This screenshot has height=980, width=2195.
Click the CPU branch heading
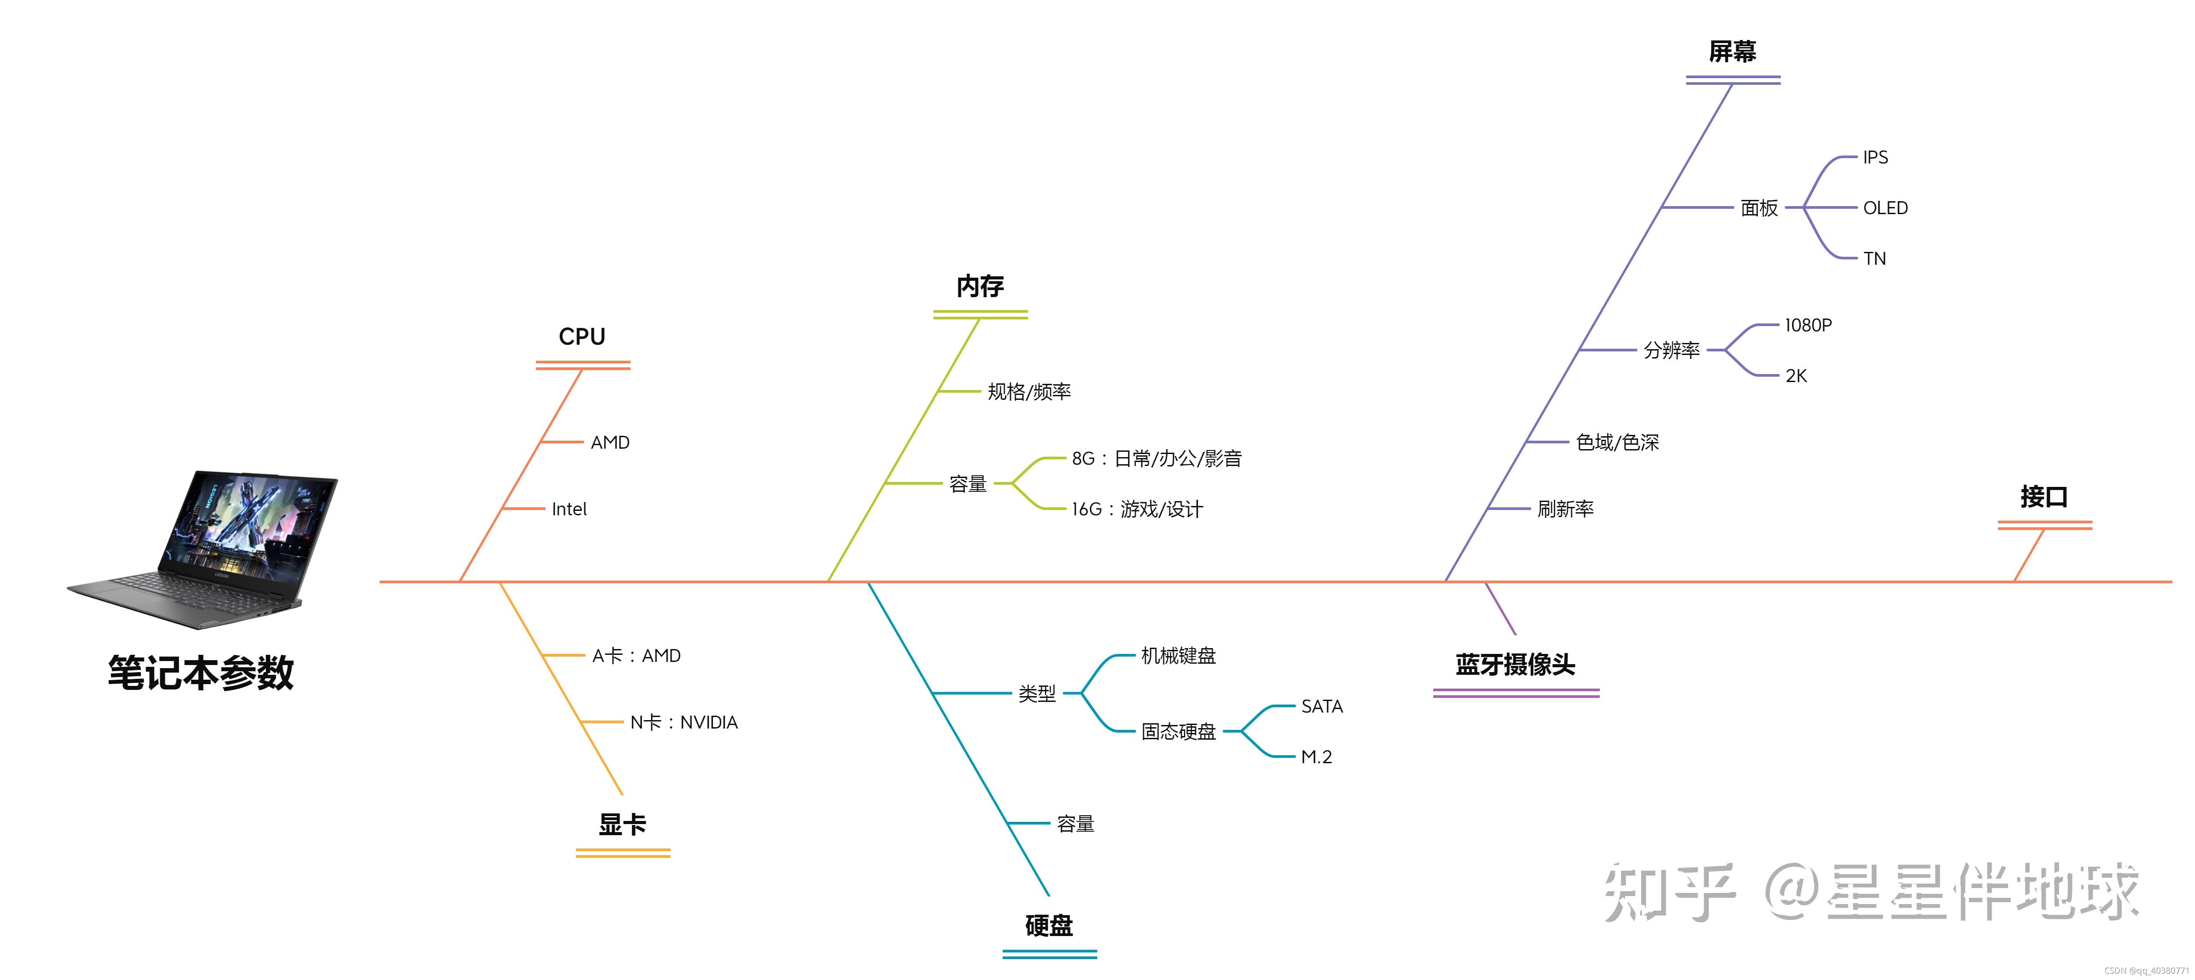[x=582, y=337]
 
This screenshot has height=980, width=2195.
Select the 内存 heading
[x=980, y=287]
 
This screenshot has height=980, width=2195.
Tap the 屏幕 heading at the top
[x=1732, y=52]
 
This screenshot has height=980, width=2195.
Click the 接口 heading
[x=2044, y=497]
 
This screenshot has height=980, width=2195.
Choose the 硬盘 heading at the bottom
[x=1049, y=925]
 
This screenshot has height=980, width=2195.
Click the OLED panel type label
[x=1885, y=208]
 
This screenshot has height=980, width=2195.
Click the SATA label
[x=1322, y=706]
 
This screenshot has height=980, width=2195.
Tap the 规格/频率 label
[x=1029, y=392]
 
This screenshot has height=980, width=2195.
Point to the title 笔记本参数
[x=201, y=673]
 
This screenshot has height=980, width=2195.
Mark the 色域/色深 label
[x=1617, y=443]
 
